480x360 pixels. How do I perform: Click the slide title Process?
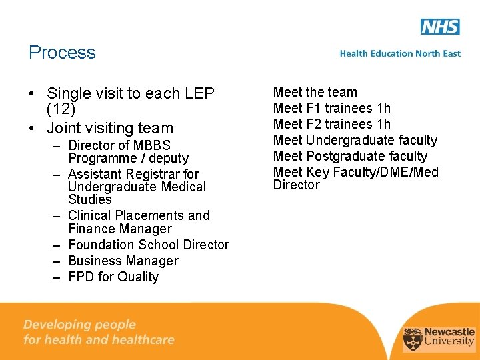pos(62,53)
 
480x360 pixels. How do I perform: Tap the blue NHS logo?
pos(440,27)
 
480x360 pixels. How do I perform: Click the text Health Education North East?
pos(400,53)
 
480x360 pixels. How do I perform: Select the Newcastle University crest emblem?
pos(413,338)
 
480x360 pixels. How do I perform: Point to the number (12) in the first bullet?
pos(61,109)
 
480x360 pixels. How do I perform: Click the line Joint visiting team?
pos(110,128)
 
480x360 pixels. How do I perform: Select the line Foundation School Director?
pos(149,245)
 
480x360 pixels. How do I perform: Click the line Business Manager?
pos(123,261)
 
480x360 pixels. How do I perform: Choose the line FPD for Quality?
pos(113,277)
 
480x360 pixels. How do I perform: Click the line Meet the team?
pos(315,92)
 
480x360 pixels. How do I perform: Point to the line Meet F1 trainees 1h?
pos(332,108)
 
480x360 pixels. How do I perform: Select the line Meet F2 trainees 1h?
pos(332,124)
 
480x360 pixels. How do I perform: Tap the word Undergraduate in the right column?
pos(347,140)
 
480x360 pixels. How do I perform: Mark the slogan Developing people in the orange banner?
pos(79,325)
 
